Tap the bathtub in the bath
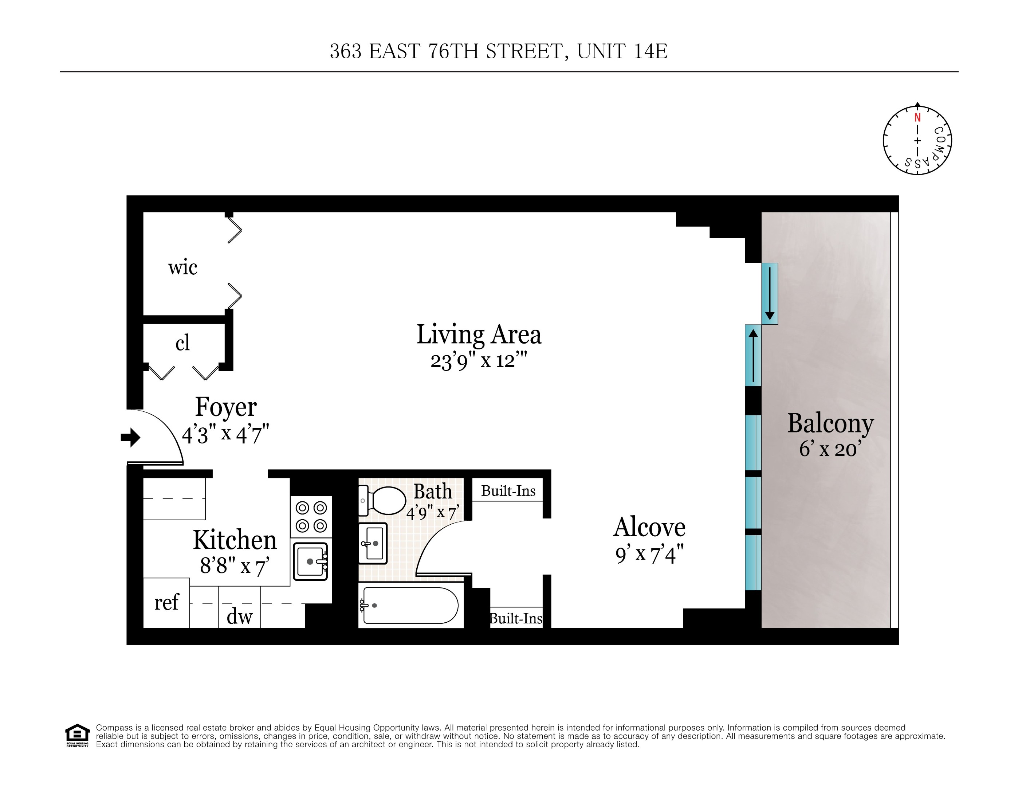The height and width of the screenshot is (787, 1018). (410, 605)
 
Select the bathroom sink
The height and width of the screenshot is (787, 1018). (373, 543)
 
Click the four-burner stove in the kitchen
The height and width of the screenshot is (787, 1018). (311, 517)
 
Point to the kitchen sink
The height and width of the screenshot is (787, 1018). (310, 561)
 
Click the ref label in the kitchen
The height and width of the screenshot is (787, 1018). (166, 602)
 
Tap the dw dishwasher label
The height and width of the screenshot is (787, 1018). (239, 617)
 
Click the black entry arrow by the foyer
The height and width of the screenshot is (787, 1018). (130, 437)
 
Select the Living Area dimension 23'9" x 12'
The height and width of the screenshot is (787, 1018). (478, 361)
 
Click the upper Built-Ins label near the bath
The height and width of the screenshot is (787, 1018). (508, 491)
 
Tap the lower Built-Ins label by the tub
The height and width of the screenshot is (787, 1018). (516, 619)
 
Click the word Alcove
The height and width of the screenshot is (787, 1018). (649, 527)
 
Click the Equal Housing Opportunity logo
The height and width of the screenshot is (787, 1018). (77, 735)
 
